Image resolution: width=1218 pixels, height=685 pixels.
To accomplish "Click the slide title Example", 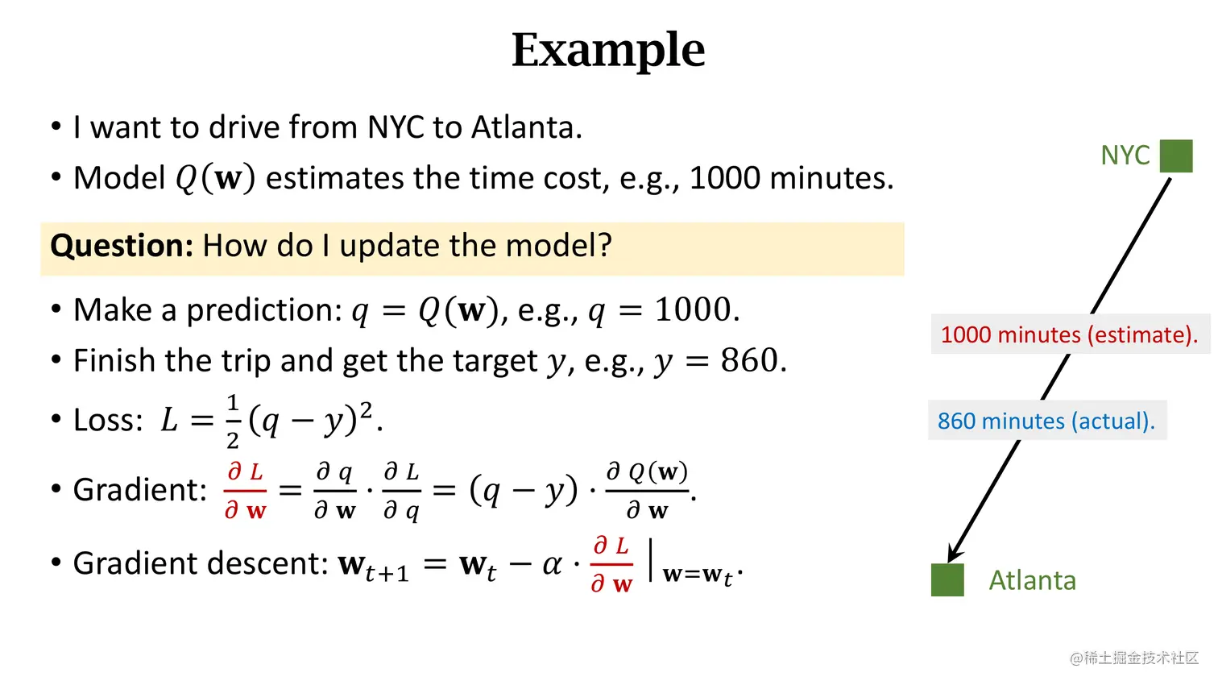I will [x=608, y=50].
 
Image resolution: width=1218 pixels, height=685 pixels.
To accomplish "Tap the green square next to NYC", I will [x=1176, y=156].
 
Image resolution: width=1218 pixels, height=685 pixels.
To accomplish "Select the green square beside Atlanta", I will [x=947, y=580].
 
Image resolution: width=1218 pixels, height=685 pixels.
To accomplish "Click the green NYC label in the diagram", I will [x=1125, y=156].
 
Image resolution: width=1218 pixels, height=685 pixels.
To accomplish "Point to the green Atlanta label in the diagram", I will [x=1032, y=580].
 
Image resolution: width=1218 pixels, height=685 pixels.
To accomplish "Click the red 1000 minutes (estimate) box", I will [x=1069, y=334].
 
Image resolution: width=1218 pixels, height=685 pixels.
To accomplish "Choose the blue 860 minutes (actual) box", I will [x=1046, y=421].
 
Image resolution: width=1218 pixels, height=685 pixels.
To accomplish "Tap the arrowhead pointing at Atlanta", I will [x=954, y=554].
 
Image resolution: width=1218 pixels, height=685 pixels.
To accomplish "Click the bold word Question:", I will [x=122, y=246].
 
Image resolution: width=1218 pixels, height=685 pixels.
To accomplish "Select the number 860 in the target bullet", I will [x=750, y=360].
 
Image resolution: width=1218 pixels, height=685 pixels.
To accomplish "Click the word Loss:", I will [x=108, y=420].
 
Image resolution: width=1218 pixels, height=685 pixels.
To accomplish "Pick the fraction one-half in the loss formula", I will [x=233, y=421].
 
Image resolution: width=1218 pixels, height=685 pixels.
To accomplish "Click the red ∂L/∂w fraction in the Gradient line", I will [x=246, y=490].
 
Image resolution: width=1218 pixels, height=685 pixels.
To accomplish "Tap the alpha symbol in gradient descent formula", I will [x=552, y=563].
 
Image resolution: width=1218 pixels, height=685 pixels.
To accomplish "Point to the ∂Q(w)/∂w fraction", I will [x=648, y=490].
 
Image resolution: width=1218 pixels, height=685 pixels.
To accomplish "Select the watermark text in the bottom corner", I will [x=1133, y=658].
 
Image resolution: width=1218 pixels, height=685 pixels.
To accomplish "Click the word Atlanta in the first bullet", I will [x=525, y=127].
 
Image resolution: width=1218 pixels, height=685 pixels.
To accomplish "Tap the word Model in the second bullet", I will [x=119, y=178].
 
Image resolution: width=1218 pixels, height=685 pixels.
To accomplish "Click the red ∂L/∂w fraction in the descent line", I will [x=612, y=564].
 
